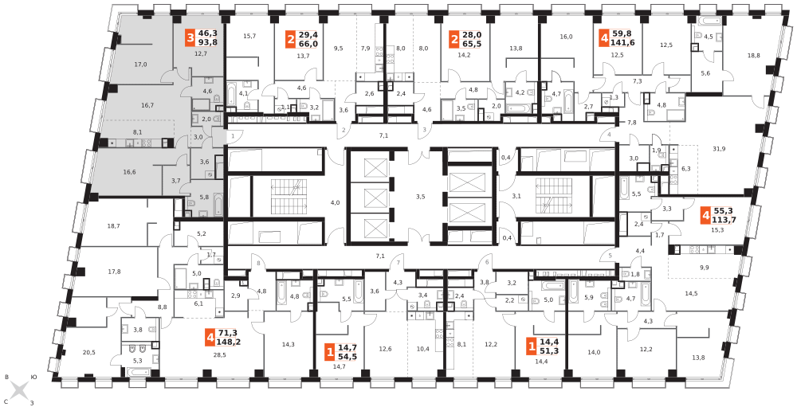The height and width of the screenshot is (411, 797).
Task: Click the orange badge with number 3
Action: point(190,37)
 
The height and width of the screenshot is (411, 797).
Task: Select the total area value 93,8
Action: point(207,42)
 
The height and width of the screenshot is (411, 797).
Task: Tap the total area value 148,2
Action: point(228,342)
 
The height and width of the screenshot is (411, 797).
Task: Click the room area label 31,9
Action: point(719,148)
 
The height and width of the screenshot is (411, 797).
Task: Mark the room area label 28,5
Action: point(220,354)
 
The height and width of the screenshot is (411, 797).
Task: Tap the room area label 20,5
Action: point(88,353)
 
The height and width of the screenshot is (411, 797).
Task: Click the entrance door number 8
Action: point(259,263)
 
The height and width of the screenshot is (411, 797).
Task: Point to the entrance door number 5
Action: point(610,256)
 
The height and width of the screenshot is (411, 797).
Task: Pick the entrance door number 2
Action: point(344,130)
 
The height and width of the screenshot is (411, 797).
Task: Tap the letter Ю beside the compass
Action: point(33,377)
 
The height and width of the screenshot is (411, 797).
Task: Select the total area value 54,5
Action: point(347,356)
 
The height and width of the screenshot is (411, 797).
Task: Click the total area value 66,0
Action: point(308,44)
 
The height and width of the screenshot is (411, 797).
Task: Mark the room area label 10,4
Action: point(422,349)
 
